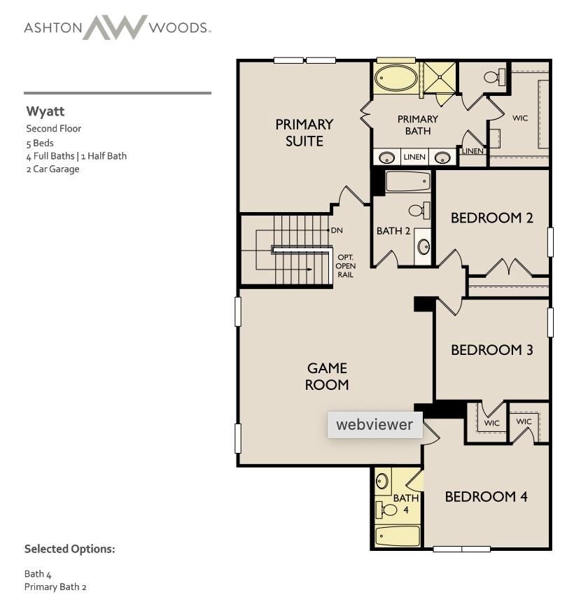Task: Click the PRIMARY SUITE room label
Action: [304, 132]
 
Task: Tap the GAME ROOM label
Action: [327, 376]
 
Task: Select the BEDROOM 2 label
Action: [491, 218]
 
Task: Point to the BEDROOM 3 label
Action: [491, 350]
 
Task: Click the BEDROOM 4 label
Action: [486, 497]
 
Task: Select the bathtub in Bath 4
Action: [397, 536]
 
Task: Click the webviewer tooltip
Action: [374, 425]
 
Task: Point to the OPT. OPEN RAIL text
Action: [346, 266]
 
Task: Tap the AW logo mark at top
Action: [115, 27]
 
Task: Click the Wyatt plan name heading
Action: [45, 111]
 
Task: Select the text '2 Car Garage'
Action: [52, 169]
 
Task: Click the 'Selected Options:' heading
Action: [69, 549]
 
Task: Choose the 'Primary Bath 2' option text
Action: [55, 587]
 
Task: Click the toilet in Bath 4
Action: [386, 510]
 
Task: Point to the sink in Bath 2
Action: [423, 246]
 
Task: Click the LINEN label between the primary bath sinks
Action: [414, 157]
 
